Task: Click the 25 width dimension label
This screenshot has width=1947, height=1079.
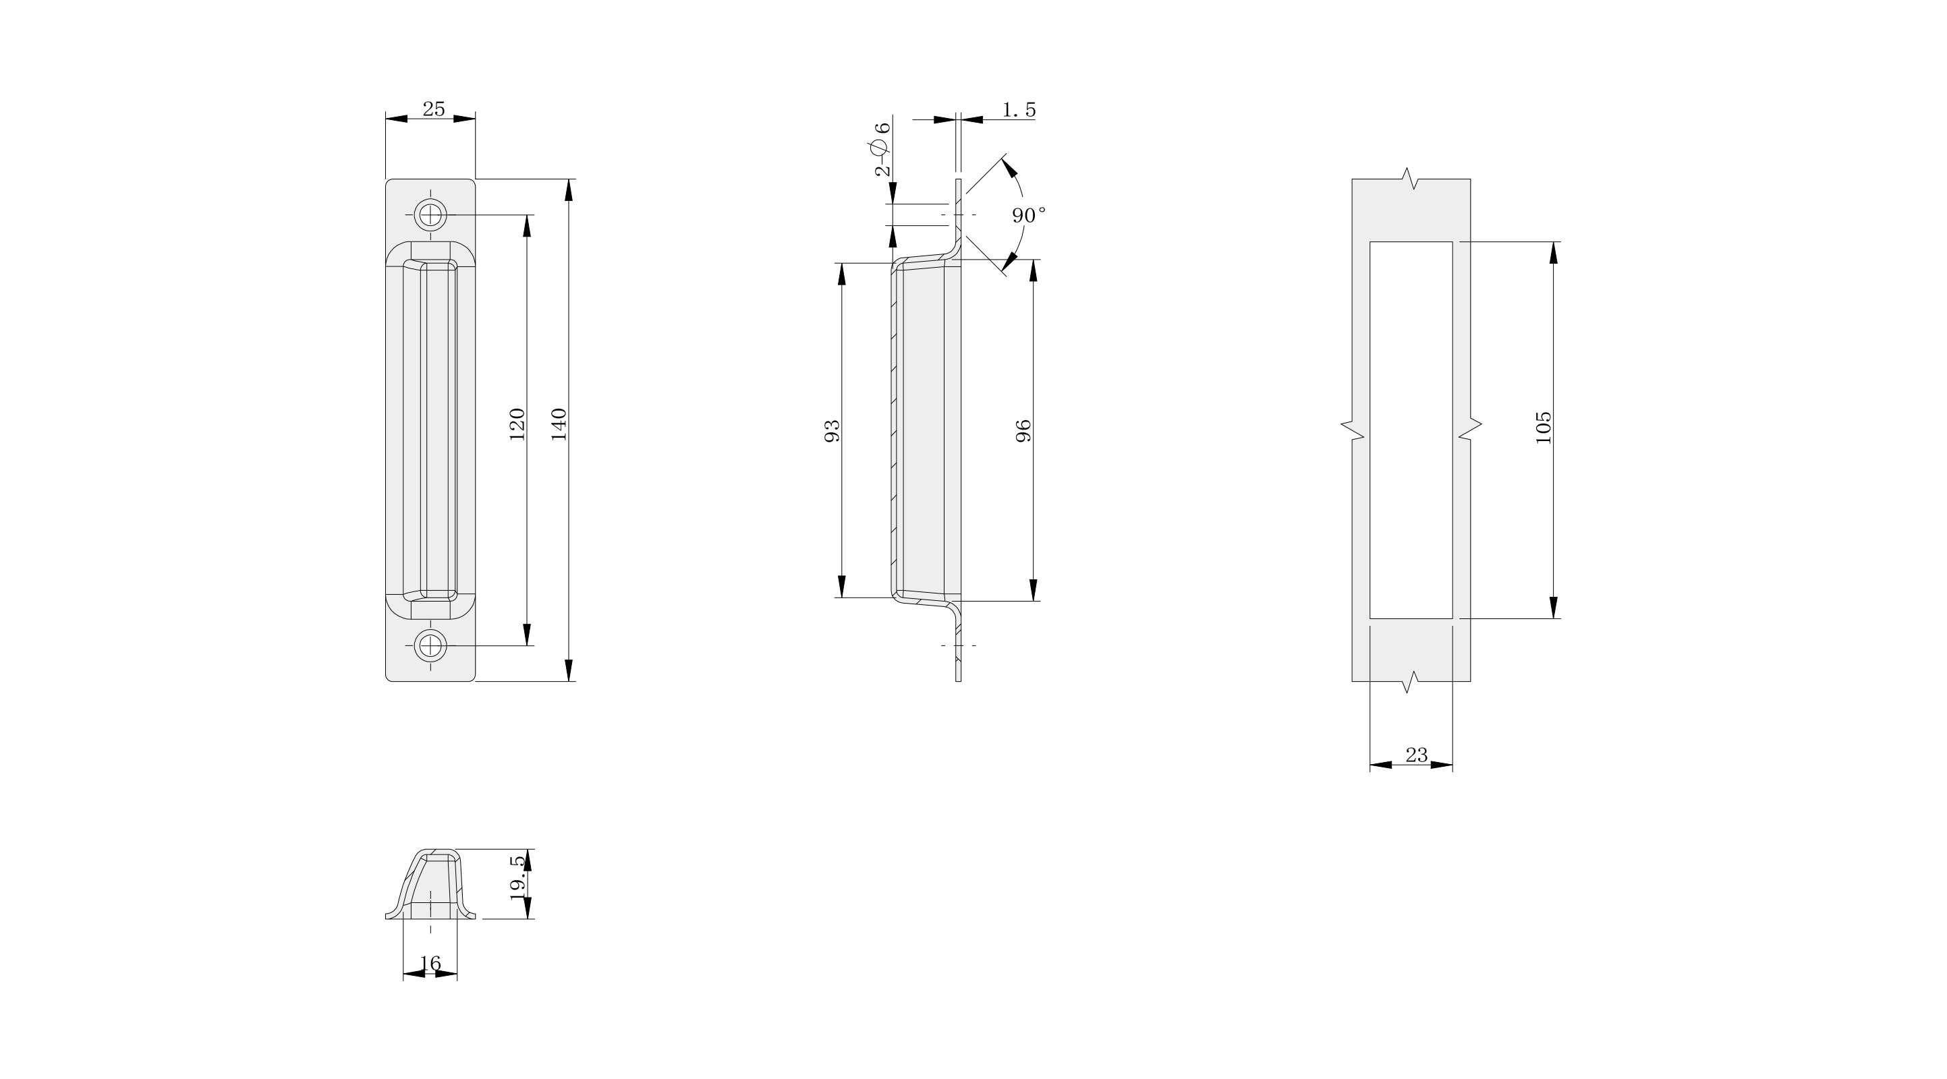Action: pos(433,109)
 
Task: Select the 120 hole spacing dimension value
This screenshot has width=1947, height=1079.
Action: pos(517,424)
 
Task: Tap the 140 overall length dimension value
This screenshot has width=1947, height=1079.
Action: pos(559,424)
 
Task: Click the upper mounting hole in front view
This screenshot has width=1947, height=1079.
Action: pos(431,214)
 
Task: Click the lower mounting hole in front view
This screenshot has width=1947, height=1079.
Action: pos(431,645)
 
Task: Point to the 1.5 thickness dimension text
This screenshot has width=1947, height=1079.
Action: pos(1019,111)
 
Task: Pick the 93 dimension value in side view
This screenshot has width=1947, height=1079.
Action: pos(831,431)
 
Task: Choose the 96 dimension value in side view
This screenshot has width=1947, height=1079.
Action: pos(1023,431)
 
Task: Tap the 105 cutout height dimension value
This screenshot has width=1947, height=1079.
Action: pos(1544,428)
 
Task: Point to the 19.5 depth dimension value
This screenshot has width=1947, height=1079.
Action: pos(517,877)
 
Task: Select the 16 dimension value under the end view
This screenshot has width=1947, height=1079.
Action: pos(430,964)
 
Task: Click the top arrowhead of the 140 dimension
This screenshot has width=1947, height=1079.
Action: pos(569,189)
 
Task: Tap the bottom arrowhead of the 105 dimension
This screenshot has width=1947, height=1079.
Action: pos(1553,608)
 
